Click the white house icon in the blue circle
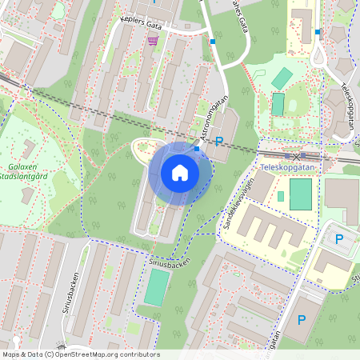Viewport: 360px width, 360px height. (x=180, y=173)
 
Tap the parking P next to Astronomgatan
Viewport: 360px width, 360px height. (x=219, y=142)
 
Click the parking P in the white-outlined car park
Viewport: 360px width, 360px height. (x=338, y=238)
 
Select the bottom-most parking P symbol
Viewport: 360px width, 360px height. (x=302, y=320)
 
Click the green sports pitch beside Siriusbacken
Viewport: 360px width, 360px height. (x=157, y=286)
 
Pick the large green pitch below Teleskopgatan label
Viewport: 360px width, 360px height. (x=300, y=194)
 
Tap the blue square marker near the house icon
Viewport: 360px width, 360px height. (x=197, y=148)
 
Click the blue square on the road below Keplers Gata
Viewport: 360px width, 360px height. (x=213, y=41)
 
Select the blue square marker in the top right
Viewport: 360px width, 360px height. (x=318, y=32)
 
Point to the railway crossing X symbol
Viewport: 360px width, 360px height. (x=297, y=156)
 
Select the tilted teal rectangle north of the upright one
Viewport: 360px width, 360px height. (x=282, y=78)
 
